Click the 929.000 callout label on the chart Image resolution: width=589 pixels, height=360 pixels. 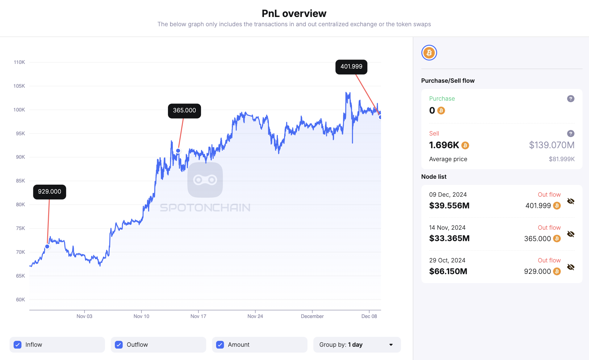[x=49, y=192]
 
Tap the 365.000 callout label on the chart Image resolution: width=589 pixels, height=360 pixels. [x=184, y=111]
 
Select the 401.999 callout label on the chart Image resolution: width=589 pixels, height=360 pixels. [x=351, y=67]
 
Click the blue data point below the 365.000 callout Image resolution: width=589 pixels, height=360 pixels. [x=178, y=151]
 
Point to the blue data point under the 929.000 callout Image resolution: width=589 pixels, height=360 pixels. [x=47, y=246]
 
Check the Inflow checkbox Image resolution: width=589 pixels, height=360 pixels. [x=18, y=345]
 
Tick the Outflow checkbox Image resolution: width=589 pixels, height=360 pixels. [x=119, y=345]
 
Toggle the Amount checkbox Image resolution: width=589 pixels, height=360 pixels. [x=220, y=345]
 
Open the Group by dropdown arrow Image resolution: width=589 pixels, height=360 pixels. [x=391, y=345]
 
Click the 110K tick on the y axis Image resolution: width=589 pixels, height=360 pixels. [x=19, y=62]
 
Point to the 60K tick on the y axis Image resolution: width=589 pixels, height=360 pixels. [x=20, y=299]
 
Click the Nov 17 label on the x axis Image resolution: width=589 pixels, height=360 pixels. [x=198, y=316]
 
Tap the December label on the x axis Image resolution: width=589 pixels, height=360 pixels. [x=312, y=316]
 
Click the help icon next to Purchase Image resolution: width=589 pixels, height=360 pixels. [x=570, y=99]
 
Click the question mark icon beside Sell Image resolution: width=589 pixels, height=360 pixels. [x=570, y=133]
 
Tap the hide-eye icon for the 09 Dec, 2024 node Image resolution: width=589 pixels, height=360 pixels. [x=570, y=201]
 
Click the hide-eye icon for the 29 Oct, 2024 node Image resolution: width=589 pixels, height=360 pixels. [x=570, y=267]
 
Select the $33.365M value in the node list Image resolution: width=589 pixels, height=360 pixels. [x=449, y=238]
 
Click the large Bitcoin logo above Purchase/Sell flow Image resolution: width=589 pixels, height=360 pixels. [x=429, y=53]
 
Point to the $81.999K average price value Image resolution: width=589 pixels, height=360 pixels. [x=562, y=159]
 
